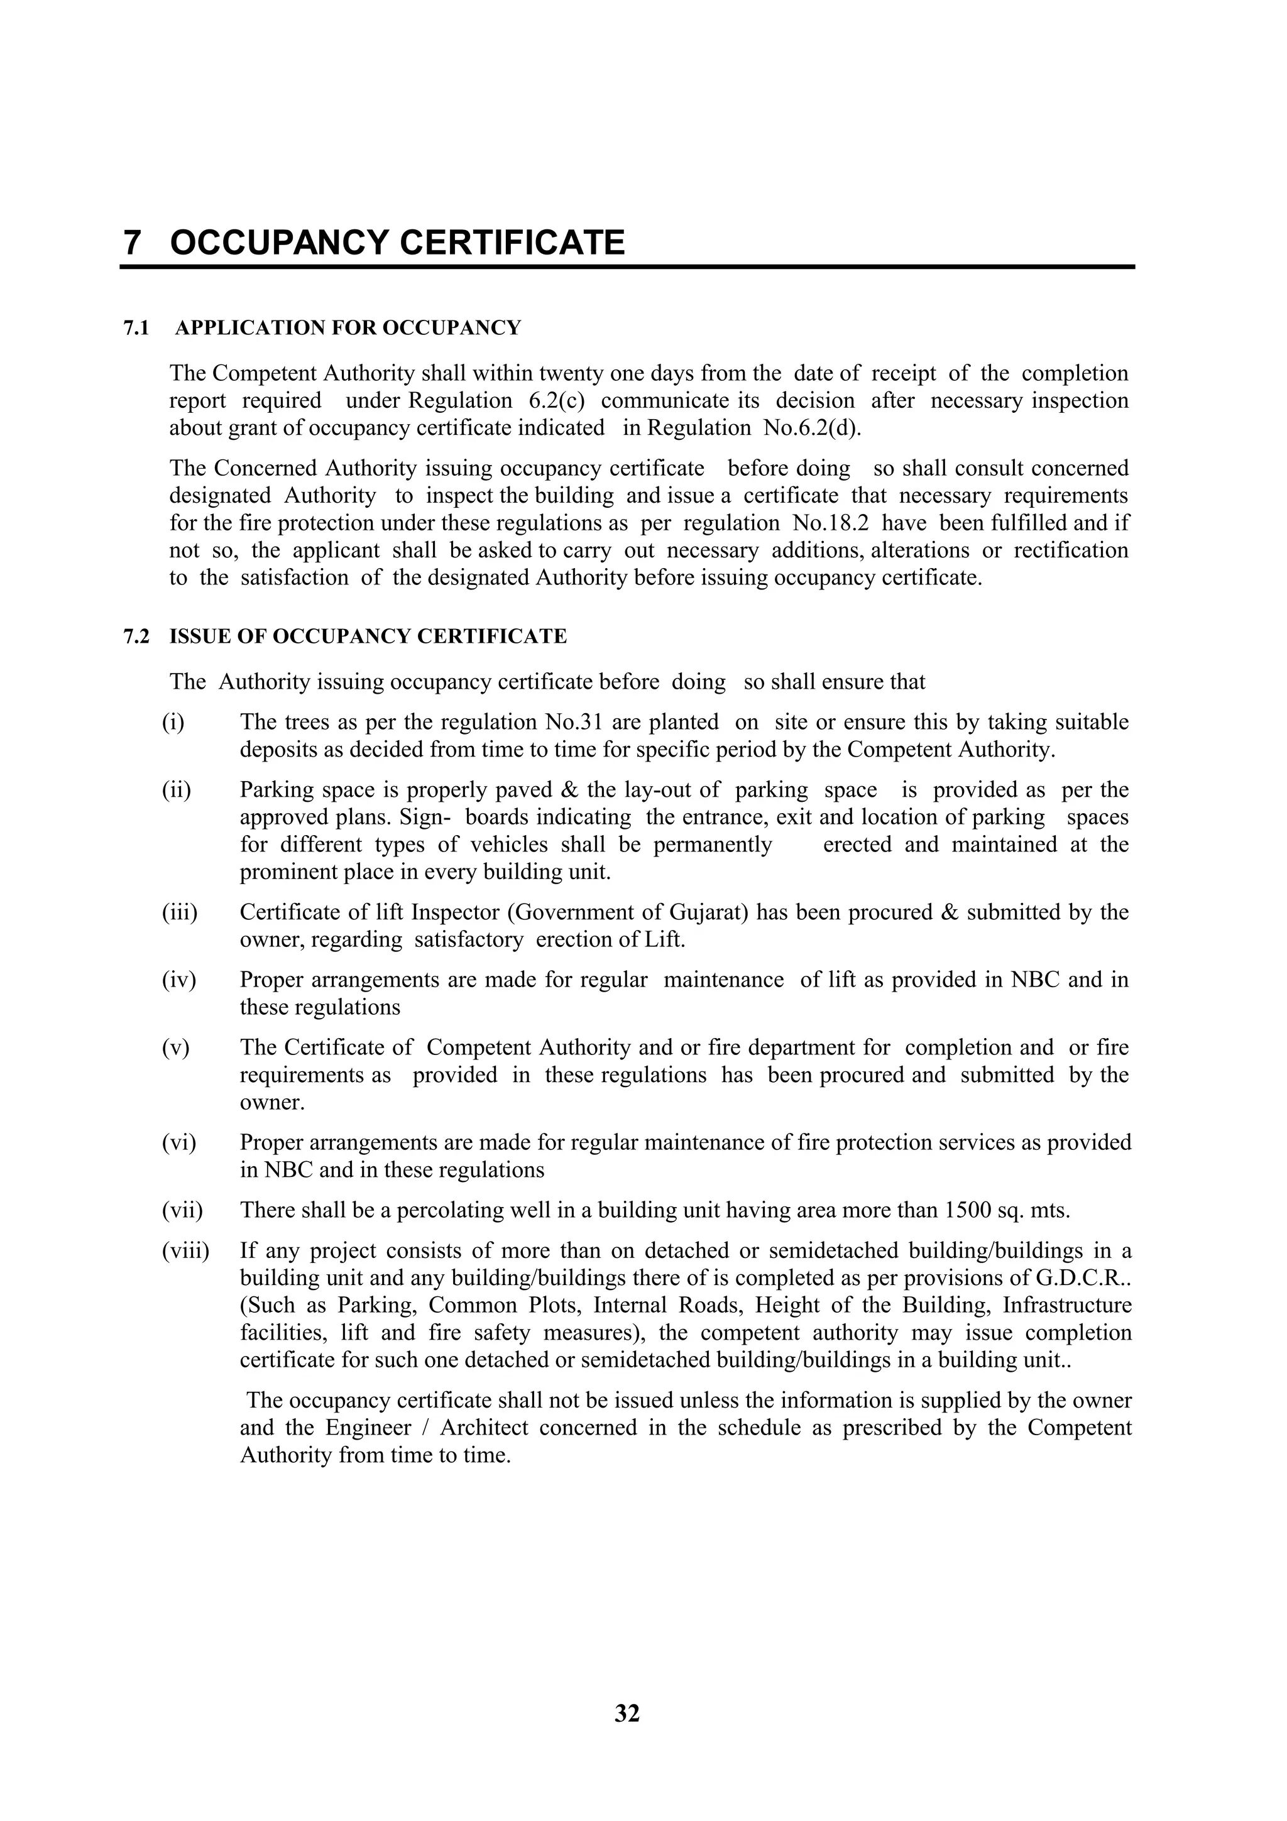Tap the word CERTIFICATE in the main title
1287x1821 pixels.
click(512, 243)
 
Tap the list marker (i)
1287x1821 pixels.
click(173, 723)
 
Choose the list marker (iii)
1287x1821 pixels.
click(179, 913)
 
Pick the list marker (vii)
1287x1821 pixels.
click(182, 1210)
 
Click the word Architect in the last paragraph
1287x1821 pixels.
click(484, 1428)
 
